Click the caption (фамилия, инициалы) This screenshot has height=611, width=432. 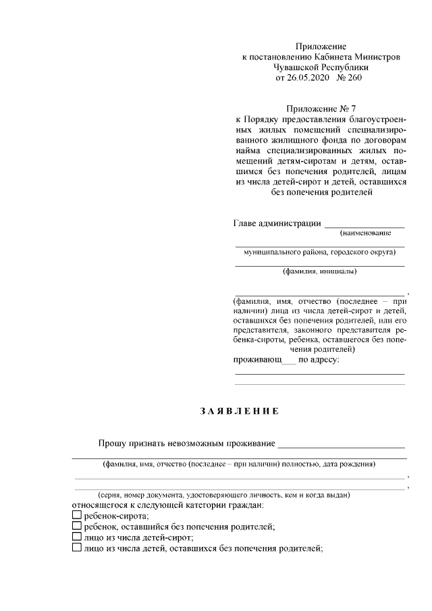320,272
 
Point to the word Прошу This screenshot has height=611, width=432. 113,443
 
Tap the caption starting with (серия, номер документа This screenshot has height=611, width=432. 223,495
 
